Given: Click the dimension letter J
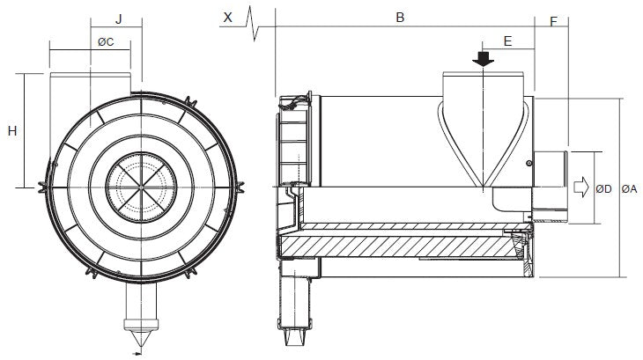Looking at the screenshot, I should pos(118,17).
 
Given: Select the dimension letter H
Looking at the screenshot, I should pos(12,131).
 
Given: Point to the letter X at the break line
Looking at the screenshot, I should pos(229,17).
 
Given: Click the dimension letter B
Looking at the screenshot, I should pos(399,17).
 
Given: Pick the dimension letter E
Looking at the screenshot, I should pos(508,40).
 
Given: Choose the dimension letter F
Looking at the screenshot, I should pos(553,20).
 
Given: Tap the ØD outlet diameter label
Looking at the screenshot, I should pos(604,188).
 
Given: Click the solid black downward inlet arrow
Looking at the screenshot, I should pos(484,59).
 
